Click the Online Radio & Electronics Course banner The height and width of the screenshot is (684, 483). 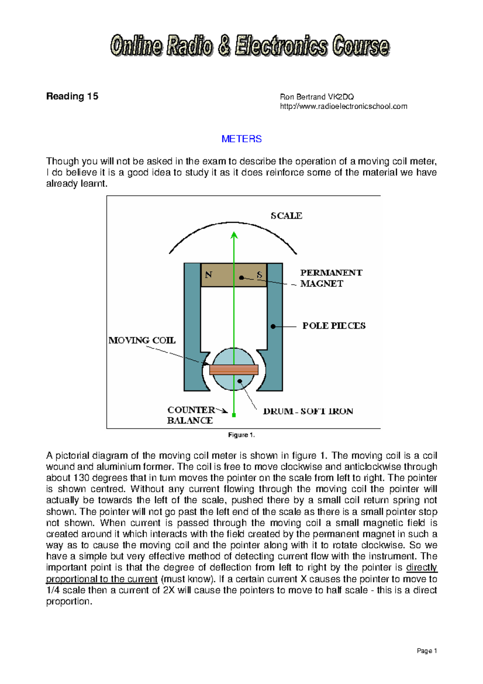coord(250,46)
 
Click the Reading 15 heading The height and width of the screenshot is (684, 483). coord(72,96)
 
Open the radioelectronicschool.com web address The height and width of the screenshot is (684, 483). coord(343,106)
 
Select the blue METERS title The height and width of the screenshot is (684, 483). coord(242,139)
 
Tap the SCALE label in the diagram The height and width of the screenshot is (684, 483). coord(286,216)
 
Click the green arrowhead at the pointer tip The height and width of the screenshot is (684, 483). coord(234,235)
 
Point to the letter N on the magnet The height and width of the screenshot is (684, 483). coord(208,275)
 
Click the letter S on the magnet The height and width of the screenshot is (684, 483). coord(260,275)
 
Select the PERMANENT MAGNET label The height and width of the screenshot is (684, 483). coord(331,278)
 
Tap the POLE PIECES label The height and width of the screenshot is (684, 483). coord(334,326)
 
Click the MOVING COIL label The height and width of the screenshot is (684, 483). coord(142,340)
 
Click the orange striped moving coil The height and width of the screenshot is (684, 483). coord(234,369)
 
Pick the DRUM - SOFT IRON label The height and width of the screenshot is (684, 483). coord(308,411)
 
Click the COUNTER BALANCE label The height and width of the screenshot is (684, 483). coord(191,415)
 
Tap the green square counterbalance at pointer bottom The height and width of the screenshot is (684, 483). coord(234,415)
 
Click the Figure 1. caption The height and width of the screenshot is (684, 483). coord(242,435)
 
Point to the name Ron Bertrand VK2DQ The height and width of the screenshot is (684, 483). coord(317,97)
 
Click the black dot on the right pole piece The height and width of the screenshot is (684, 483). coord(273,326)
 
